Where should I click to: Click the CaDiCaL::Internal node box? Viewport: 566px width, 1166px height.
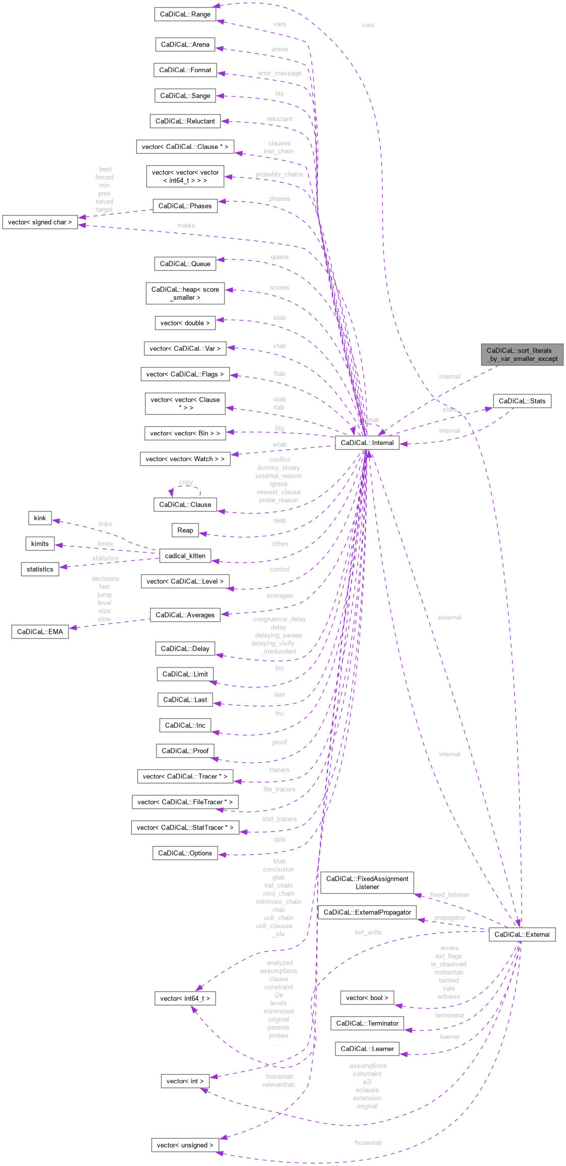367,442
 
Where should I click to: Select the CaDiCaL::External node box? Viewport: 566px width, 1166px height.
522,934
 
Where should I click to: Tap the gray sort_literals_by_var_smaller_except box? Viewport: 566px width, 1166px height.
522,354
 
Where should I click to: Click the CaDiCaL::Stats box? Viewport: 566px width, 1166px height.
522,401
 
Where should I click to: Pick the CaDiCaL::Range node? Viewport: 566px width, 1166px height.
185,14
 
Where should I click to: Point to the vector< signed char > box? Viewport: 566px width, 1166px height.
40,222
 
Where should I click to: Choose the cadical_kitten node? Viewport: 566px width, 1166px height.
185,556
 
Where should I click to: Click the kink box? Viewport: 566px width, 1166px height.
40,518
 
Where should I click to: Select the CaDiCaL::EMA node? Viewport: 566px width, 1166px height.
40,631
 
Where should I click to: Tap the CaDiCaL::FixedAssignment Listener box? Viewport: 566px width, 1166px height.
367,882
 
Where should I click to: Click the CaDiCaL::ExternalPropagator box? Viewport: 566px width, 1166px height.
367,912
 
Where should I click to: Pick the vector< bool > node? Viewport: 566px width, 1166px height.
367,997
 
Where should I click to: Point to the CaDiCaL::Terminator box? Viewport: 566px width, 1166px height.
367,1023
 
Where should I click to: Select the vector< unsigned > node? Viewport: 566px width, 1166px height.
185,1145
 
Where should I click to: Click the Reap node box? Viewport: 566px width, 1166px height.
185,530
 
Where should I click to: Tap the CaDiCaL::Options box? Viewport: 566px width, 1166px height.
185,853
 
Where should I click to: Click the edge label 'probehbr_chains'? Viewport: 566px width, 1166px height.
279,174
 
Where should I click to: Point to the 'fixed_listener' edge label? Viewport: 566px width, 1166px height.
449,895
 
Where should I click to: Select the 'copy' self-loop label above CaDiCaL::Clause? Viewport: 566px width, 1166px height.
186,482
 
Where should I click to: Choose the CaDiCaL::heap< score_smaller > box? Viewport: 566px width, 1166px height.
185,293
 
